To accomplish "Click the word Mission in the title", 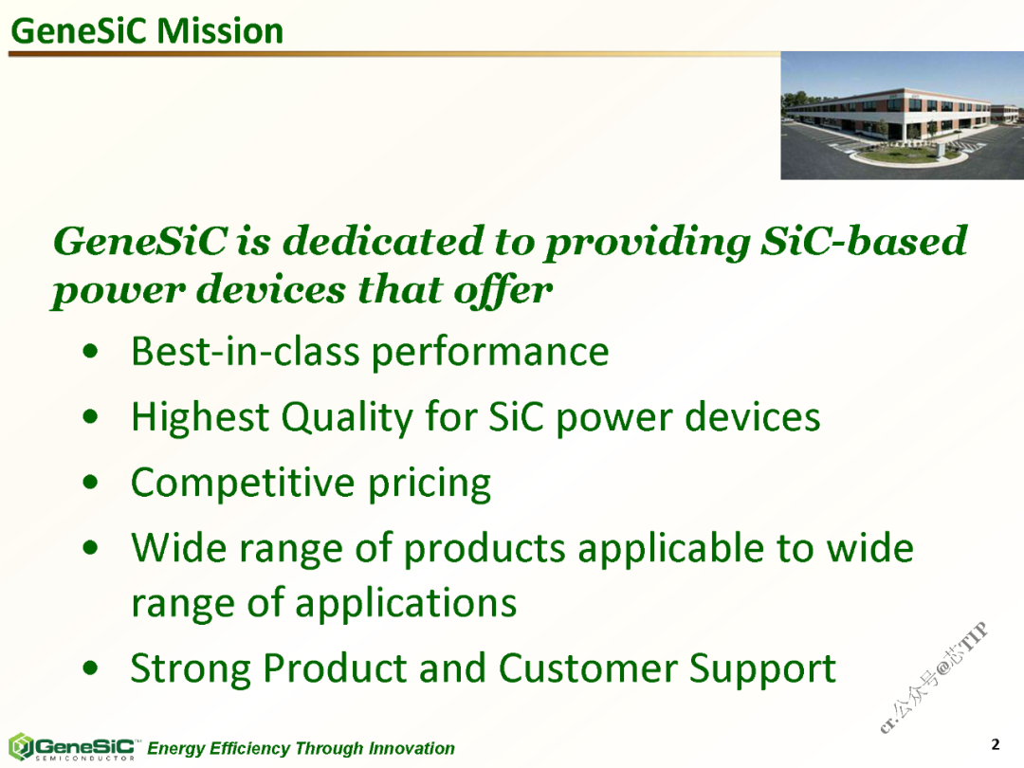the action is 219,31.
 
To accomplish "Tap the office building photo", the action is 902,116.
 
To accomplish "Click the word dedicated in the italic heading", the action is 384,240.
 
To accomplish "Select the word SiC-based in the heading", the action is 864,240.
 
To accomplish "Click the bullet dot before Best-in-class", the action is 91,353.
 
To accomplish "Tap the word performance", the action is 490,354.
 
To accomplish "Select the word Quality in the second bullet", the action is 347,417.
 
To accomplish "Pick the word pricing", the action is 430,484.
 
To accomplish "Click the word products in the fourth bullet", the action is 485,549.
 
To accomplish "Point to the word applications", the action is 406,603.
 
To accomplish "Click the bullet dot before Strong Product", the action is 91,668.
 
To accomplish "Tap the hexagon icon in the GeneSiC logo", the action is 20,746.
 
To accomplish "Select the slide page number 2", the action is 996,744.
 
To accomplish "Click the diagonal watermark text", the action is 934,678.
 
